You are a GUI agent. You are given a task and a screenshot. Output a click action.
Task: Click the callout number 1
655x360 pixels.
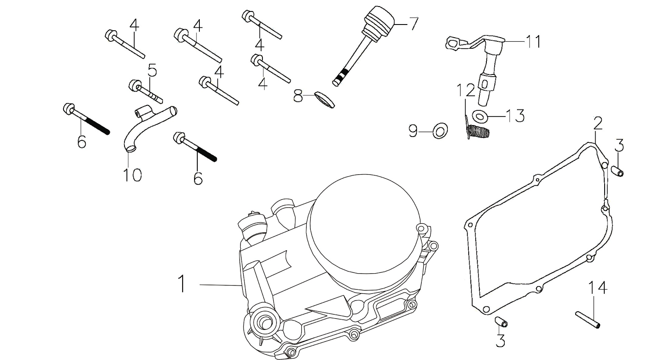[181, 283]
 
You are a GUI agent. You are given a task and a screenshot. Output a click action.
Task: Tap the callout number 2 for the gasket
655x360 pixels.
[598, 123]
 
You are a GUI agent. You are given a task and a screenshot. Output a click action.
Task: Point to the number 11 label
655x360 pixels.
[533, 42]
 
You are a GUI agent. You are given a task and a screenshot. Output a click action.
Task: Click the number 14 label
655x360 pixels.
[598, 288]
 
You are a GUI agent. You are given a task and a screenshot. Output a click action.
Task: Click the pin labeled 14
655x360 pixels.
[588, 319]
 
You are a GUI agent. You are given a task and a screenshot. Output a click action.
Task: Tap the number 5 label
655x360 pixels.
[152, 70]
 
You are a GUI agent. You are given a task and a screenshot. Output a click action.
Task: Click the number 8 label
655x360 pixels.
[298, 97]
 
